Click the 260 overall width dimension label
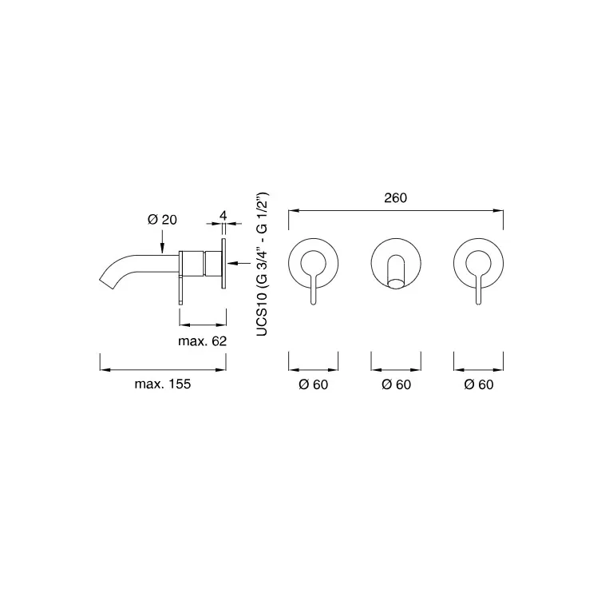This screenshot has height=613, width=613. pos(395,197)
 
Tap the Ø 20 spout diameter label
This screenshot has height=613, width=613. pos(162,220)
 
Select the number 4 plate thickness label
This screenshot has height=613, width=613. pos(223,215)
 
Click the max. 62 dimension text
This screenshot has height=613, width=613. pos(202,341)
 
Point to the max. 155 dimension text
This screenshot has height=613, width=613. pos(163,384)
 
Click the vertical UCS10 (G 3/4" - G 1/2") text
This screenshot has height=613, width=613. pos(262,265)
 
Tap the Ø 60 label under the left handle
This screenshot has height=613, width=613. pos(313,384)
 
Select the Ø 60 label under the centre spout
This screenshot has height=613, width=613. pos(396,384)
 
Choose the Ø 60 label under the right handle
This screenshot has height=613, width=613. pos(479,384)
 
